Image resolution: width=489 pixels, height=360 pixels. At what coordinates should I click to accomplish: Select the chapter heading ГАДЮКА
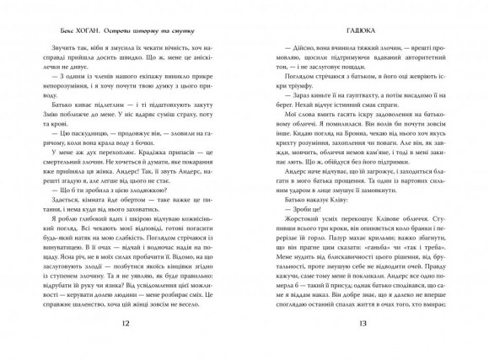point(357,28)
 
